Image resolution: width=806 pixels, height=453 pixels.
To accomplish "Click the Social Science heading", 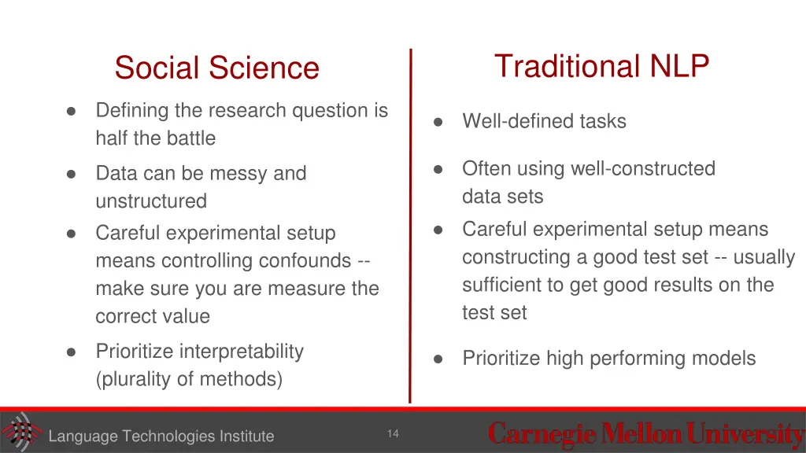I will pyautogui.click(x=216, y=68).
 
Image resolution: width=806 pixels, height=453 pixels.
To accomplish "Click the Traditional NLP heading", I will pyautogui.click(x=601, y=66).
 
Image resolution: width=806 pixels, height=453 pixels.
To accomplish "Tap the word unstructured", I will pyautogui.click(x=150, y=201).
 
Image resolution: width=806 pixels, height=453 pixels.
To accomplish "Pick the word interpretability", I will pyautogui.click(x=241, y=351).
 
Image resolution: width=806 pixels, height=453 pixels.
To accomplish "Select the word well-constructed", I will pyautogui.click(x=642, y=168).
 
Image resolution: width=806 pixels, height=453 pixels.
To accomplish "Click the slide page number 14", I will pyautogui.click(x=393, y=434).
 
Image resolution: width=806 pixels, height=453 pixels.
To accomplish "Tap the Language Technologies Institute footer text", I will pyautogui.click(x=161, y=436).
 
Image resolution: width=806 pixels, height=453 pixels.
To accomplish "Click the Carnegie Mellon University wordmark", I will pyautogui.click(x=645, y=433).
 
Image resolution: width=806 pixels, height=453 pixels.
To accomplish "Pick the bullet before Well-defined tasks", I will pyautogui.click(x=438, y=122).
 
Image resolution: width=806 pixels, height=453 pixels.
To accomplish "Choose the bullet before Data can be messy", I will pyautogui.click(x=72, y=174).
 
